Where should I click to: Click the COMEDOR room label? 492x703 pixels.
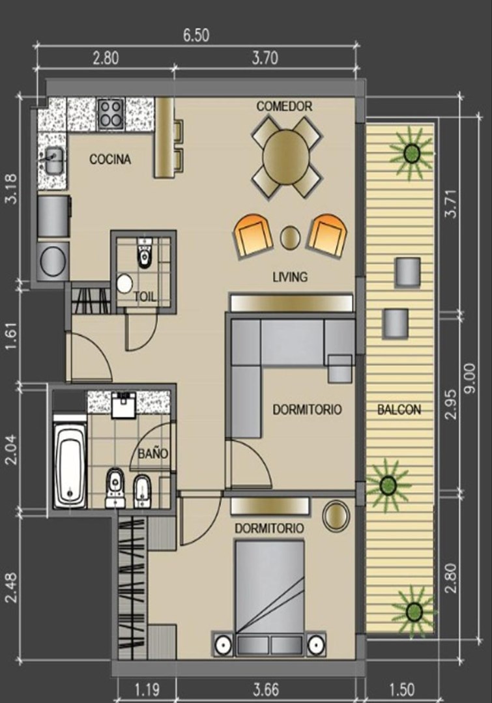(284, 106)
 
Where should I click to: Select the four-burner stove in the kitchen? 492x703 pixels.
(111, 114)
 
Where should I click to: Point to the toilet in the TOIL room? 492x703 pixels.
(144, 253)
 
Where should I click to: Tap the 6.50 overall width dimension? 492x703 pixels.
(196, 35)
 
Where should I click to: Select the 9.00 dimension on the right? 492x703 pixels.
(470, 379)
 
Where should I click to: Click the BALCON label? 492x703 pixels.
(399, 409)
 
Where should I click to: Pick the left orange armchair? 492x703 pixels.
(253, 236)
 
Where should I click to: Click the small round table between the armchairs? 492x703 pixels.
(290, 238)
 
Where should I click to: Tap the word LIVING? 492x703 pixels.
(290, 277)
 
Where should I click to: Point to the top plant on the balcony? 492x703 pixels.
(411, 153)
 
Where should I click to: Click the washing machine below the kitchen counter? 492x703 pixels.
(53, 261)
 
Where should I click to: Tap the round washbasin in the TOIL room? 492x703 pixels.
(124, 283)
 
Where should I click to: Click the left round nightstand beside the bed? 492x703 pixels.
(223, 644)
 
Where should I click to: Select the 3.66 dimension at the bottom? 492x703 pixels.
(266, 689)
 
